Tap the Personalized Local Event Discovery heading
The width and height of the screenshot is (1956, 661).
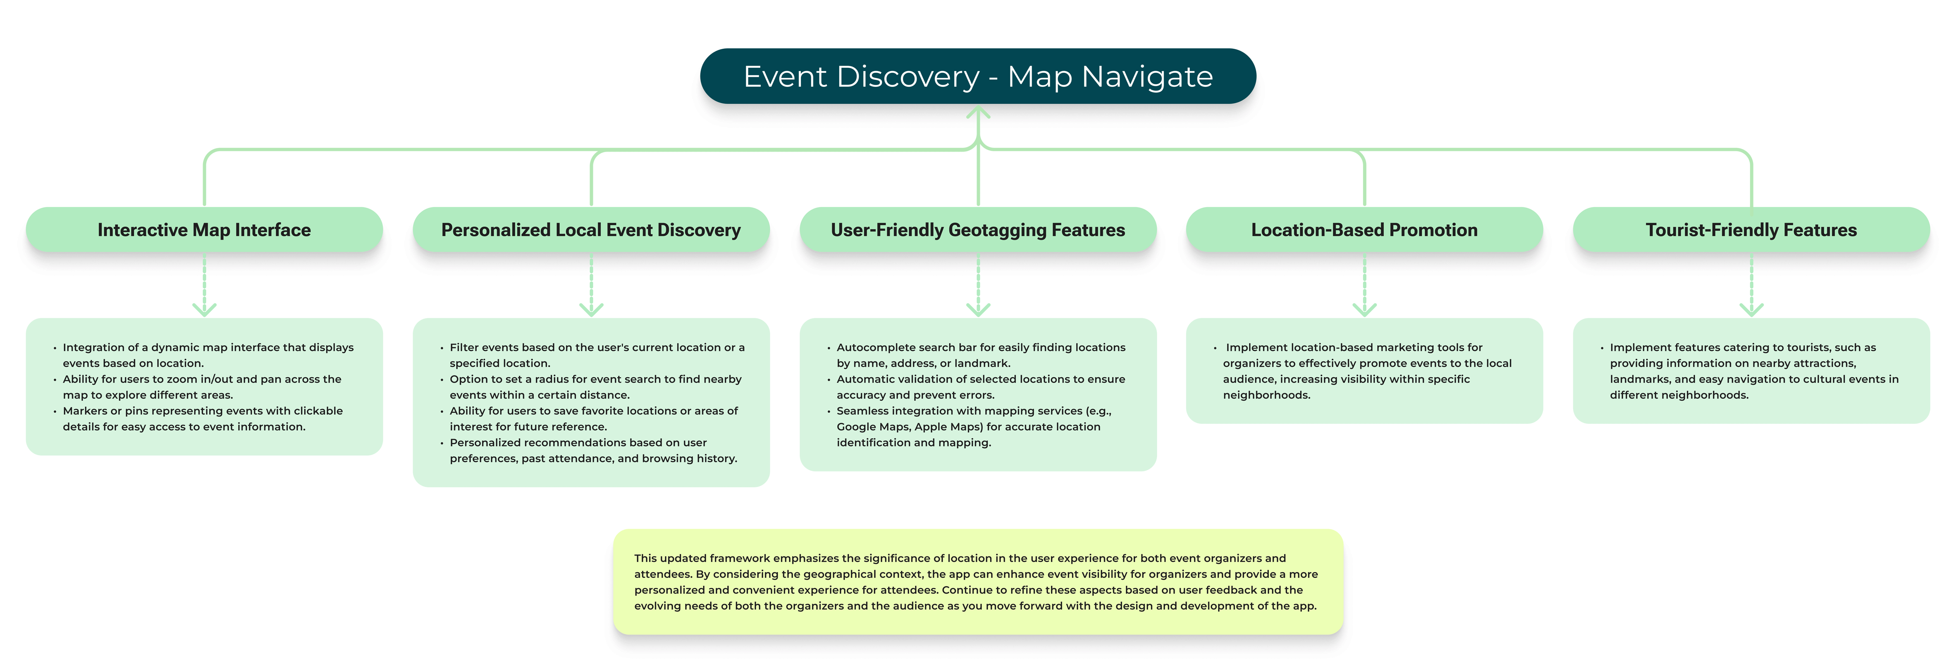point(591,230)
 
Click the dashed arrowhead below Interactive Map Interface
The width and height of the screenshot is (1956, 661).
point(204,309)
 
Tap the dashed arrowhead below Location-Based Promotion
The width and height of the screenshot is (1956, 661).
point(1364,309)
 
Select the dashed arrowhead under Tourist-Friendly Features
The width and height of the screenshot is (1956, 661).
point(1751,309)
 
